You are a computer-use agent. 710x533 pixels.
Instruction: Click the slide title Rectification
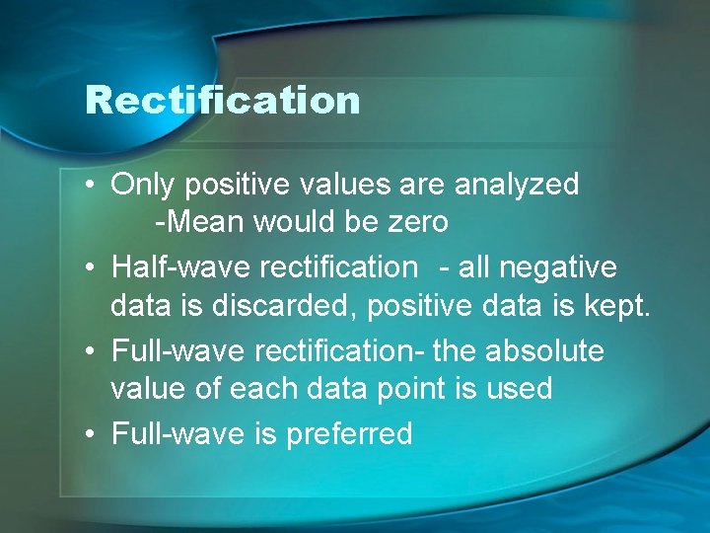point(223,101)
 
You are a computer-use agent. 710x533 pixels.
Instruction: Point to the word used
point(519,389)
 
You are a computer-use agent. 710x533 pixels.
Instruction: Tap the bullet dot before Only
point(90,186)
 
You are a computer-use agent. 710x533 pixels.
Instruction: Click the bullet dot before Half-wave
point(90,268)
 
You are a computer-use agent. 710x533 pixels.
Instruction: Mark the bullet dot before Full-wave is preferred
point(90,434)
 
